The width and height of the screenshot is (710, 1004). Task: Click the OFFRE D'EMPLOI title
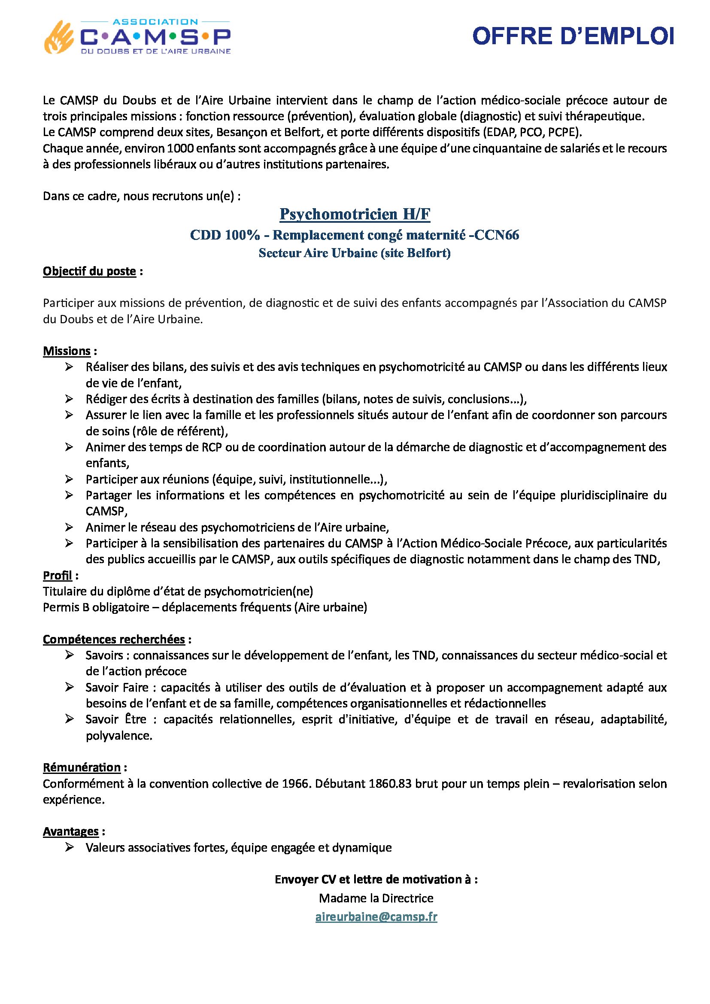[x=573, y=37]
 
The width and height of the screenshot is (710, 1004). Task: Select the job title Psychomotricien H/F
[x=355, y=214]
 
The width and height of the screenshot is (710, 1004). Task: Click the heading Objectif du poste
[x=90, y=272]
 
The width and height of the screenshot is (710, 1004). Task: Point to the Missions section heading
[x=67, y=351]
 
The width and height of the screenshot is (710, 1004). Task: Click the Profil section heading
[x=57, y=576]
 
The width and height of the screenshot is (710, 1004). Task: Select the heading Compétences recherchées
[x=114, y=639]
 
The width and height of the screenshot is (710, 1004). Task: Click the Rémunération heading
[x=82, y=767]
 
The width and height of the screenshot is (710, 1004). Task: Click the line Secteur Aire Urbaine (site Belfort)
[x=355, y=253]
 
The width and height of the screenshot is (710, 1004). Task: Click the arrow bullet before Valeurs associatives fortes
[x=69, y=847]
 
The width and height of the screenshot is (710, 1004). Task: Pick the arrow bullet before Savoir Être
[x=69, y=719]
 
